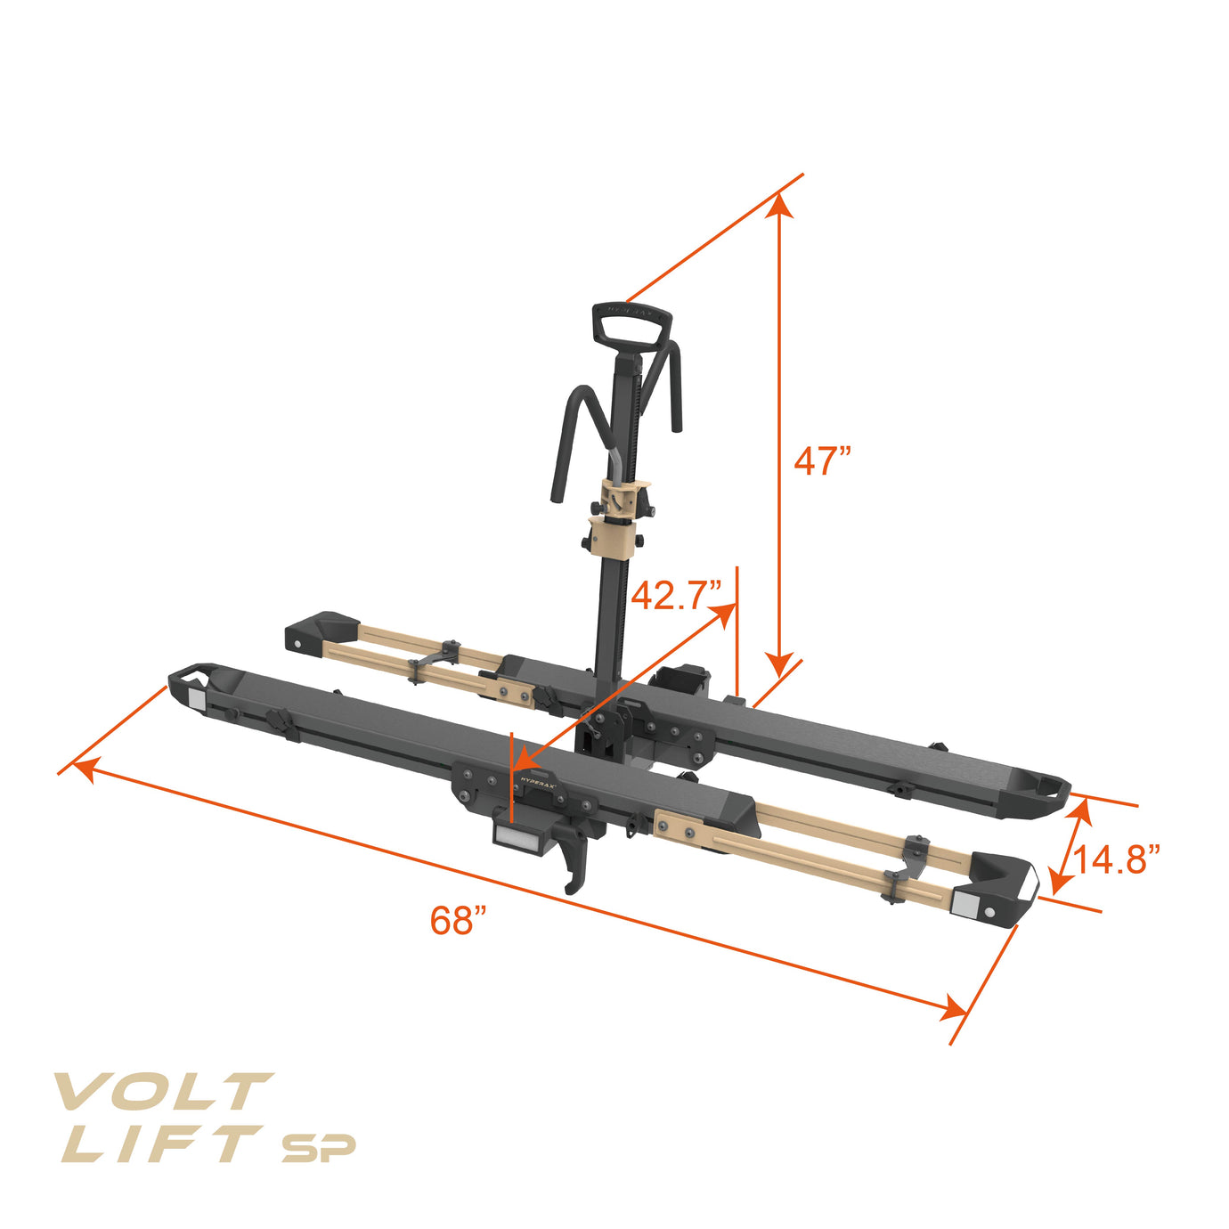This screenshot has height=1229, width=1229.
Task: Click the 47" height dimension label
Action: [x=822, y=461]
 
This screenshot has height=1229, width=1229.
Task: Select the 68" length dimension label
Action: [x=458, y=920]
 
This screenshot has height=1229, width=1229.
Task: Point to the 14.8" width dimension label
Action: [x=1115, y=860]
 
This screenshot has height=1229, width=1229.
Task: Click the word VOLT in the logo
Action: [x=161, y=1092]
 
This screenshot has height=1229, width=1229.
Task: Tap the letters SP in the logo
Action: [x=318, y=1148]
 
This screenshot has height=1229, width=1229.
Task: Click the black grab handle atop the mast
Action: [x=631, y=326]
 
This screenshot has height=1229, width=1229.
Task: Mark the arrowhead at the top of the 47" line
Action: [x=779, y=207]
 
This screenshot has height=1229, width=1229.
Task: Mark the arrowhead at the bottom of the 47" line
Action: [x=779, y=663]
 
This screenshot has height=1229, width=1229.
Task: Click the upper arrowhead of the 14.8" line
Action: [x=1082, y=810]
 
